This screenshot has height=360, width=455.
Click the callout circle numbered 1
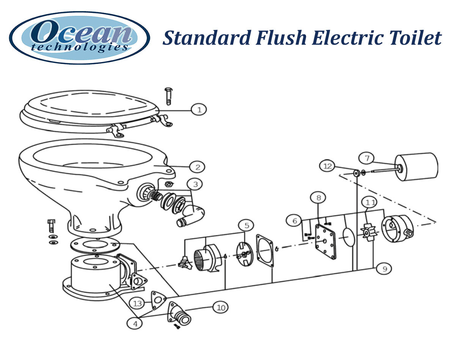199,110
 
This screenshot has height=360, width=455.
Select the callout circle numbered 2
197,167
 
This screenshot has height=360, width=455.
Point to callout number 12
328,166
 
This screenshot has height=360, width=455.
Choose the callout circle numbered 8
318,198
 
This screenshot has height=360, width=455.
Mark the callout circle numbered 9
384,269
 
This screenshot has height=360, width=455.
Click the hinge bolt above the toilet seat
168,96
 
